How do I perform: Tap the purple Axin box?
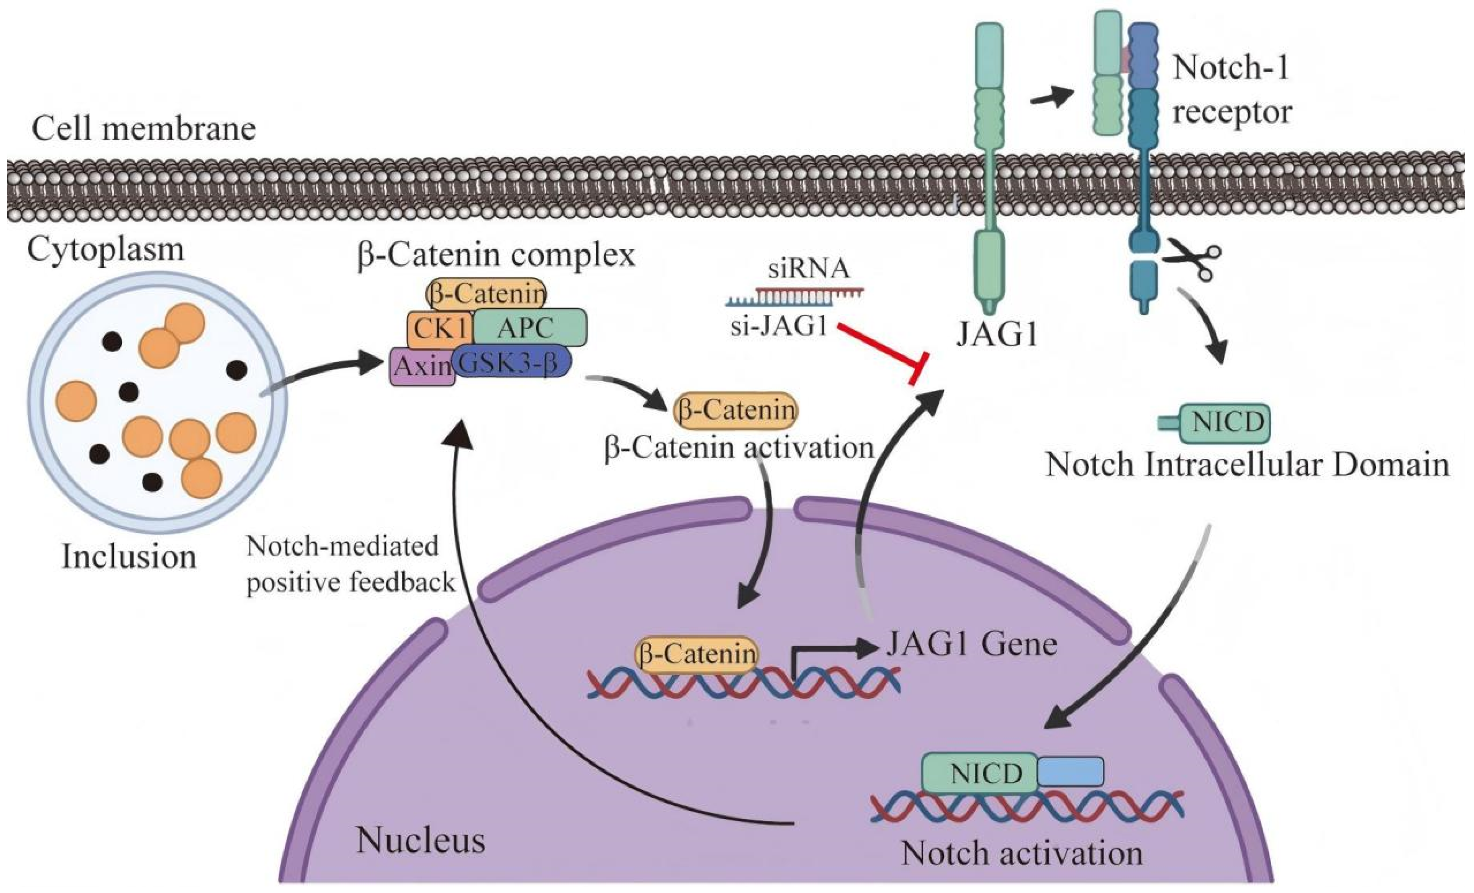coord(422,366)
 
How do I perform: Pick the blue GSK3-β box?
coord(512,361)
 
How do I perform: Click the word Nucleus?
coord(420,841)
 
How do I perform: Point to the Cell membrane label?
coord(144,129)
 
